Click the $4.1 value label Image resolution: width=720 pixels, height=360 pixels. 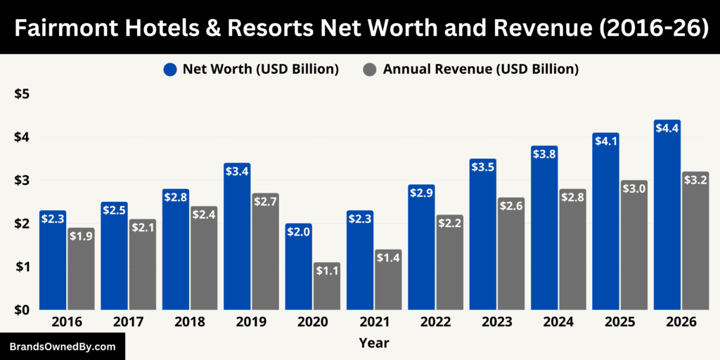coord(605,141)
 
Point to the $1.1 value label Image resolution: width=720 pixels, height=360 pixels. coord(326,271)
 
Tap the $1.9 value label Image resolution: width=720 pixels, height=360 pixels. coord(80,236)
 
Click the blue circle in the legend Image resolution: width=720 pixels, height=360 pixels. coord(169,70)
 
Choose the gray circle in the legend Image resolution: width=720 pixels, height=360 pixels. coord(370,70)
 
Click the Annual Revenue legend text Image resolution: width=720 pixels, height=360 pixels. coord(480,70)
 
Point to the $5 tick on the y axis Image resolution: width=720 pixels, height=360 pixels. coord(23,94)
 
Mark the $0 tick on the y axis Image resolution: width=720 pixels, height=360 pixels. coord(23,310)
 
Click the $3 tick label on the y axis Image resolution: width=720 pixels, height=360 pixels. coord(23,181)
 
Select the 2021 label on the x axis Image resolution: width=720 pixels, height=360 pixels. coord(374,322)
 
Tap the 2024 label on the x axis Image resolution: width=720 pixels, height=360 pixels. coord(558,322)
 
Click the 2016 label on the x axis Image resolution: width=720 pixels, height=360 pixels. coord(67,322)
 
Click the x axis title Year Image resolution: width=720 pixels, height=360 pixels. coord(373,343)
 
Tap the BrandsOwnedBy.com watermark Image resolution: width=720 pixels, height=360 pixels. coord(62,347)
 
